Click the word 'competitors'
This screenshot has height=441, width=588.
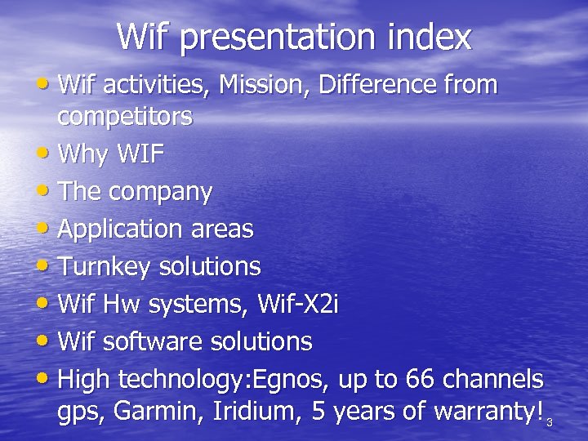point(125,118)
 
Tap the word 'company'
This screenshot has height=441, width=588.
point(160,194)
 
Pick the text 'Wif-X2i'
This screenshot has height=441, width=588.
point(297,305)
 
